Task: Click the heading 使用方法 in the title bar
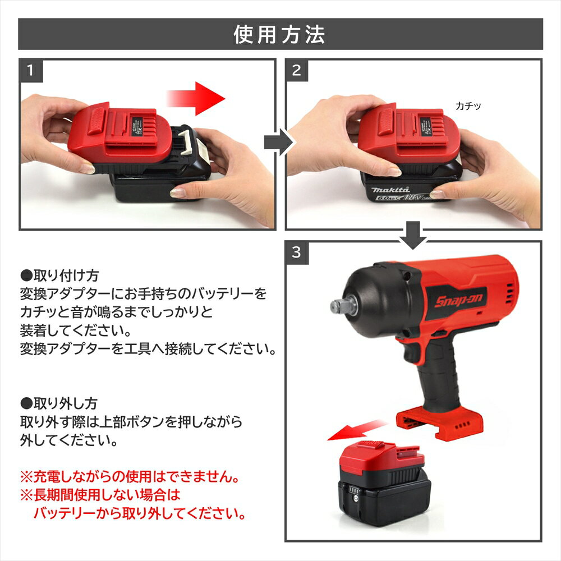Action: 279,35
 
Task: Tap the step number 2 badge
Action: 297,71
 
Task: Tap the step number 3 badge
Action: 297,253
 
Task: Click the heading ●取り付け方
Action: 59,275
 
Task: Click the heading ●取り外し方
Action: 59,403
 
